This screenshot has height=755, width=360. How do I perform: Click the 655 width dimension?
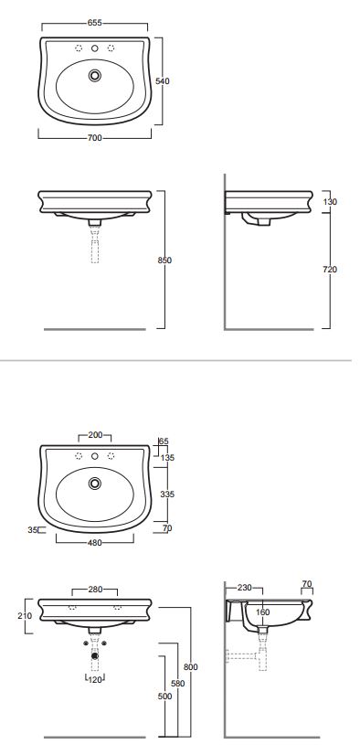tap(95, 23)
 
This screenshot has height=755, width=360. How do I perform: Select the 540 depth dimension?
tap(163, 81)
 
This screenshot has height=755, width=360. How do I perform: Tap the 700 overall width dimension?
tap(95, 138)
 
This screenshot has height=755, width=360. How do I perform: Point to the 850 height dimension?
tap(164, 261)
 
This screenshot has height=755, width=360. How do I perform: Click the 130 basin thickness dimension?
tap(330, 202)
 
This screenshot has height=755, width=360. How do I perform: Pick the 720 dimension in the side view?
tap(330, 270)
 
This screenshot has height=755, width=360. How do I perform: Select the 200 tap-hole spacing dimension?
tap(95, 435)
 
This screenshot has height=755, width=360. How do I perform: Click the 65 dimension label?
tap(164, 441)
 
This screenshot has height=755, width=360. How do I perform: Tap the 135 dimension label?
tap(167, 458)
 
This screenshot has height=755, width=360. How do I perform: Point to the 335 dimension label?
tap(167, 494)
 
